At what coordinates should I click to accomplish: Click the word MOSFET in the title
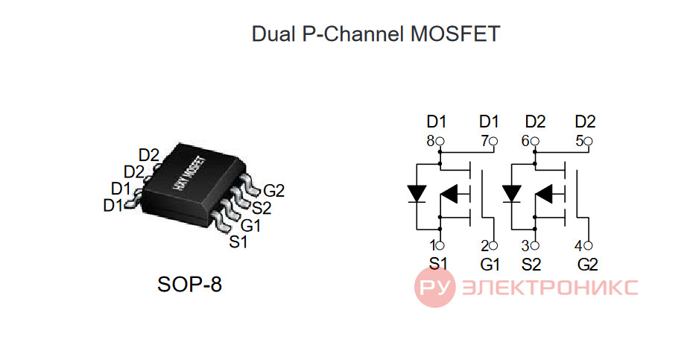click(x=455, y=34)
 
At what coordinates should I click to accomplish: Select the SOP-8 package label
click(x=189, y=284)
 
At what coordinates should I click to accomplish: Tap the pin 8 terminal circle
click(x=440, y=142)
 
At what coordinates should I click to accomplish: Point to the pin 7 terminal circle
click(x=493, y=142)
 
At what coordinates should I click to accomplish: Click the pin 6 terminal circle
click(x=535, y=142)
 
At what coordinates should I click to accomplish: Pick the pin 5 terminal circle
click(x=589, y=142)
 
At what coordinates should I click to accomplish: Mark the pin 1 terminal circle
click(x=440, y=245)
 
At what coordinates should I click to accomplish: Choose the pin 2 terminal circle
click(x=493, y=245)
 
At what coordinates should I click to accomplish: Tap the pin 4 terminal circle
click(x=589, y=245)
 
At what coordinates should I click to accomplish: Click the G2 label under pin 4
click(x=587, y=265)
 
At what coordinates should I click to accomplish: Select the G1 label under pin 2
click(x=490, y=265)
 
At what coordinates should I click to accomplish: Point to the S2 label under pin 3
click(x=531, y=265)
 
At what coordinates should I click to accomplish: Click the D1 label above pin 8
click(x=437, y=121)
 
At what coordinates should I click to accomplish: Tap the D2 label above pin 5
click(x=585, y=121)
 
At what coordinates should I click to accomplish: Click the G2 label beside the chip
click(x=273, y=191)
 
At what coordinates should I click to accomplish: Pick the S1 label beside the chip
click(x=238, y=242)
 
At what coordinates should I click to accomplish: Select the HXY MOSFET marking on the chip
click(x=189, y=174)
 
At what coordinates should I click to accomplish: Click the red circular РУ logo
click(x=434, y=287)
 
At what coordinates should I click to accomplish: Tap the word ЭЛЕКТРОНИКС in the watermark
click(x=550, y=288)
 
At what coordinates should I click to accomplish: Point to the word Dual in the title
click(x=273, y=34)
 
